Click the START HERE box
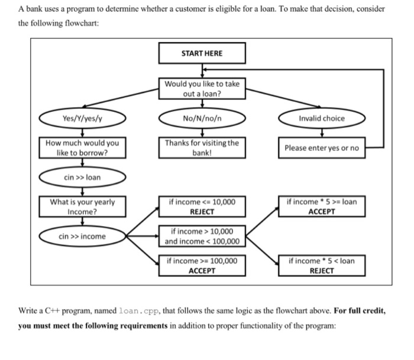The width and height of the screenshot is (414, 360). click(202, 53)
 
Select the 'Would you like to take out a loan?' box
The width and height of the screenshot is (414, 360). click(202, 89)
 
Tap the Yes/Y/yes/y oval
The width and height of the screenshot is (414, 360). click(82, 118)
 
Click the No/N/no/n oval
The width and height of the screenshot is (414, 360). click(202, 118)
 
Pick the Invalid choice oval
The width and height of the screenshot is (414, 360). click(321, 118)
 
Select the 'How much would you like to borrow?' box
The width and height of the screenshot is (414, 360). click(82, 147)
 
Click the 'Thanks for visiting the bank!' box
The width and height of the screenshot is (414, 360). click(202, 147)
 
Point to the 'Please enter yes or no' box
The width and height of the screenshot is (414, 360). click(321, 147)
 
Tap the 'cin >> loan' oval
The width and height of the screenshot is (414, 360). click(82, 176)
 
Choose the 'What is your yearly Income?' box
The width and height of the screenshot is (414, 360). click(82, 206)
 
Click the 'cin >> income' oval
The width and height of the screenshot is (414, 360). click(82, 236)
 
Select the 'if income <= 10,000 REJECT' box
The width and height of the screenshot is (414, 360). click(202, 206)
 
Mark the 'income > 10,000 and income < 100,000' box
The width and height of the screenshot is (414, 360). click(202, 236)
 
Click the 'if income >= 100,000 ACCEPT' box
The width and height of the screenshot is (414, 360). click(202, 265)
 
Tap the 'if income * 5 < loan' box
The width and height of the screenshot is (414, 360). click(321, 265)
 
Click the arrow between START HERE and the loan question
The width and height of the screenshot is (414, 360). click(202, 70)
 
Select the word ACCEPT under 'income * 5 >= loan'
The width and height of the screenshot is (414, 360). click(321, 211)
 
